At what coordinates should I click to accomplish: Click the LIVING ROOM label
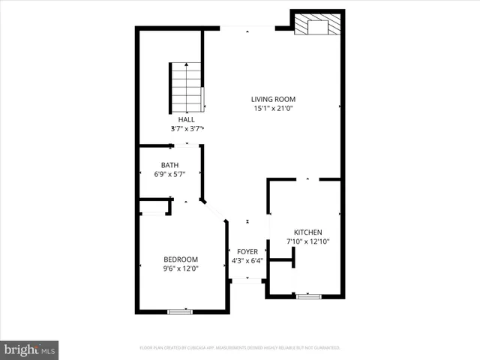coord(273,99)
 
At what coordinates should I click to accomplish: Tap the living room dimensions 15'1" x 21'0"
coord(273,108)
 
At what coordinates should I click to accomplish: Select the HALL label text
coord(186,119)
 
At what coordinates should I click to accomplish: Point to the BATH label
coord(169,165)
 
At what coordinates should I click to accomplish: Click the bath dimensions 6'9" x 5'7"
coord(169,174)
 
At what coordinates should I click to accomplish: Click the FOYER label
coord(247,252)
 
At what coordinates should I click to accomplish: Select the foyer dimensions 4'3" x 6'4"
coord(247,261)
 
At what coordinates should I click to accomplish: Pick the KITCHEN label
coord(307,232)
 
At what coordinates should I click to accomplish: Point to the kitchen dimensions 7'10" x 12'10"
coord(307,241)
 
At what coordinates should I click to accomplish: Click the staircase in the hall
coord(186,86)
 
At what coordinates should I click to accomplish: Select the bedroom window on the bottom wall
coord(180,310)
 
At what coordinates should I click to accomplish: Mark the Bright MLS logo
coord(30,349)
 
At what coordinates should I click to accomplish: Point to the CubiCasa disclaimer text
coord(240,348)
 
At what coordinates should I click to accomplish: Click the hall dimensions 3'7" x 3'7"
coord(186,128)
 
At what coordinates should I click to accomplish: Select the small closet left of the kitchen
coord(280,276)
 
